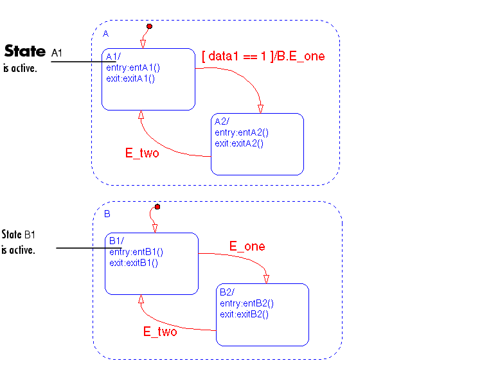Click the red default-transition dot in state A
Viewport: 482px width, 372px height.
tap(149, 26)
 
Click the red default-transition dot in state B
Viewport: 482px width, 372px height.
tap(157, 207)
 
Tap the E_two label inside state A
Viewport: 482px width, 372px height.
tap(141, 154)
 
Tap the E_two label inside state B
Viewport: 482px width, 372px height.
tap(159, 332)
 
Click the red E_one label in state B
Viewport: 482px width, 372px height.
tap(247, 247)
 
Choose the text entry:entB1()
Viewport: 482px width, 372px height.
tap(136, 252)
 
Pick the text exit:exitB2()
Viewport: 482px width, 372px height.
tap(244, 314)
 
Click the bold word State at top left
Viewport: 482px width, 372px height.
tap(25, 51)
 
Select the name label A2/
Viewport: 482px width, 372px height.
tap(222, 121)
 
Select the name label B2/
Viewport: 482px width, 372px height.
tap(228, 292)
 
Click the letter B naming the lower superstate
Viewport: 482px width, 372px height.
tap(107, 214)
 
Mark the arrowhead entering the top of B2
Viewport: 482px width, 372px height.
tap(266, 277)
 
